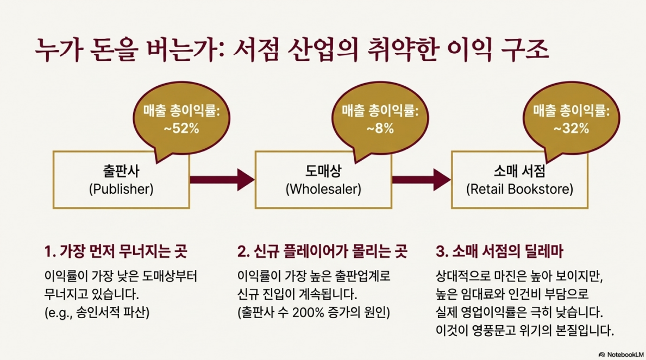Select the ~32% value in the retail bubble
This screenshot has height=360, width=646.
click(x=571, y=129)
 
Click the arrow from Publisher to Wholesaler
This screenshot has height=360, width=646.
click(x=222, y=179)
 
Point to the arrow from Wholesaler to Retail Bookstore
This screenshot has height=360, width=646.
click(x=421, y=179)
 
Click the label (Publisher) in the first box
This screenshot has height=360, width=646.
click(x=121, y=190)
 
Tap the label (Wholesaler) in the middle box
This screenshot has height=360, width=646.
click(x=323, y=190)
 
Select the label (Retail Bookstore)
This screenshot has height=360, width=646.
click(x=520, y=190)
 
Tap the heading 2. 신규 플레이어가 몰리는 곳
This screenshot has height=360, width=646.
click(x=322, y=252)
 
